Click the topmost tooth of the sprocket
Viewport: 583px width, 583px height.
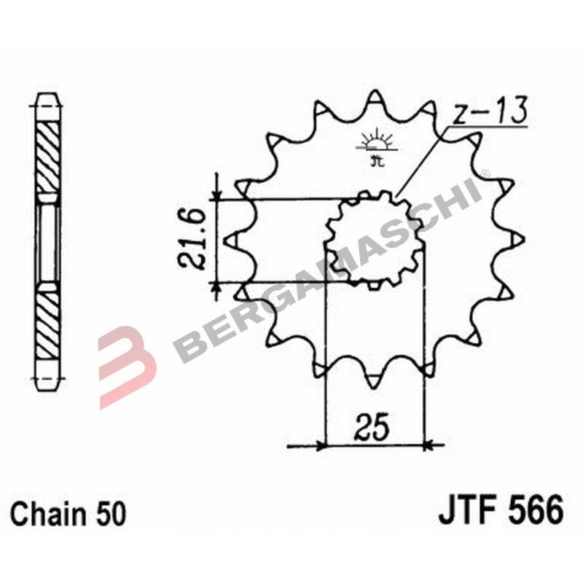click(x=375, y=98)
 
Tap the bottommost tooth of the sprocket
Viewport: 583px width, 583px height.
click(x=375, y=380)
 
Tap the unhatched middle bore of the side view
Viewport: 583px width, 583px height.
click(x=49, y=240)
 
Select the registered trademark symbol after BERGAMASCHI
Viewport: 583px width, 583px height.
click(x=485, y=173)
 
